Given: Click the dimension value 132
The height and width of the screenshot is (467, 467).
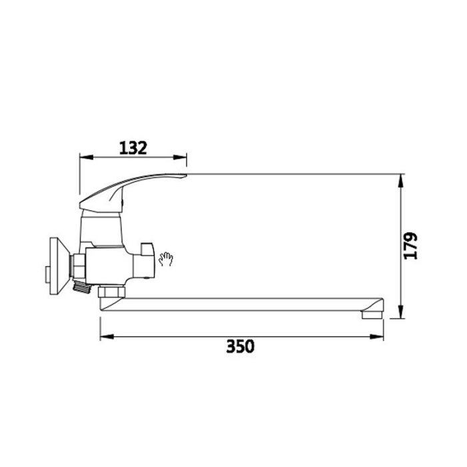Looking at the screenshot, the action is [x=133, y=147].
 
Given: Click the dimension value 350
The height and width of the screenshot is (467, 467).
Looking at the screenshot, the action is [x=240, y=346].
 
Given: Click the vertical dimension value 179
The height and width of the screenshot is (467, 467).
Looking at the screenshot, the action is [x=410, y=246].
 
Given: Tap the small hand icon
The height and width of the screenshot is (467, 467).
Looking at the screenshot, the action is [x=165, y=259].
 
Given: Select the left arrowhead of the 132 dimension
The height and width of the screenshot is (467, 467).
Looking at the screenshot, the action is [x=86, y=157].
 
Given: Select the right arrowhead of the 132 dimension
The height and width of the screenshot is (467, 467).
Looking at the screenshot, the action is [x=180, y=157].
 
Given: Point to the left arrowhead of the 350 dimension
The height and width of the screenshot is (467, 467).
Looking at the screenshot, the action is [x=107, y=337].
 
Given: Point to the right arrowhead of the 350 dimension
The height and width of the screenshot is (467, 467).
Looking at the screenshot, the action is [x=376, y=337].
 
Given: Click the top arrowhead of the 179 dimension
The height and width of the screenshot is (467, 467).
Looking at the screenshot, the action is [x=401, y=181].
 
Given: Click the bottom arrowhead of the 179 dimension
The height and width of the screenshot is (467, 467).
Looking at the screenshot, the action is [x=401, y=312].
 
